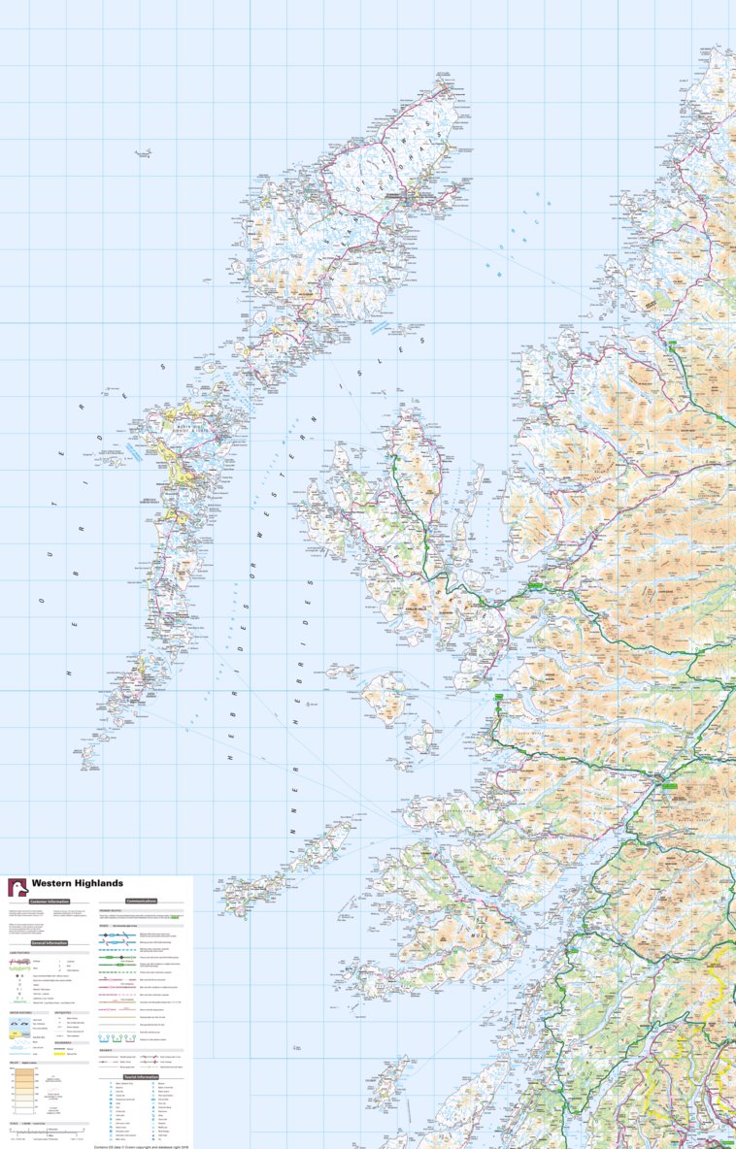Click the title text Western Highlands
78,883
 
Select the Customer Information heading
49,902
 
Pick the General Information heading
49,942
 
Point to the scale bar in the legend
49,1132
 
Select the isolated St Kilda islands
144,153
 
